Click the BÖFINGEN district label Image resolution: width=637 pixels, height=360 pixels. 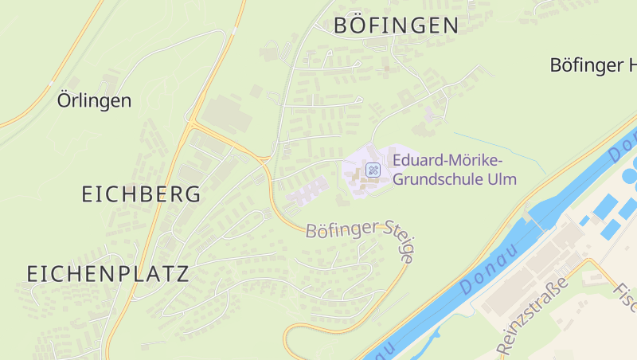pos(396,25)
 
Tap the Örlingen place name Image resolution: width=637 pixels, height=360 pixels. pos(94,101)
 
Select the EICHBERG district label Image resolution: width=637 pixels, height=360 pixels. pos(141,194)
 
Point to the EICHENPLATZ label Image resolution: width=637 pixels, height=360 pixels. pos(107,274)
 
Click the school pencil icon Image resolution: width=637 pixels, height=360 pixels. pos(373,170)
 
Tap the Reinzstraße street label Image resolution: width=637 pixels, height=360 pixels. pos(533,316)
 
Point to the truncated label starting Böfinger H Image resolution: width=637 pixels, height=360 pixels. pos(592,65)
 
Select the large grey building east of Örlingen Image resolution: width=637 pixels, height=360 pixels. pos(226,115)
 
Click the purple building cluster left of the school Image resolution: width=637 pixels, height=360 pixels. pos(307,192)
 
